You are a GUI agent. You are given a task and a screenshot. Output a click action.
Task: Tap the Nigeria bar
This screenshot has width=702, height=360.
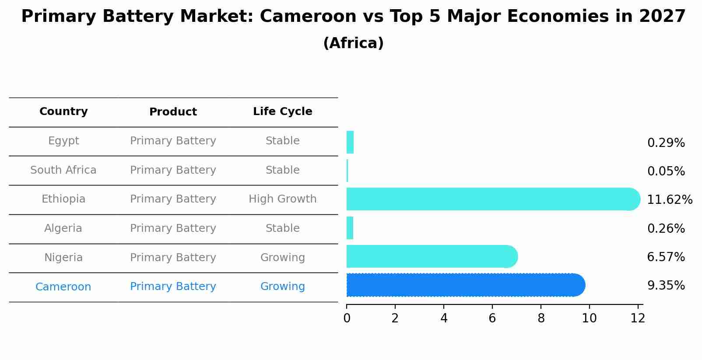click(431, 256)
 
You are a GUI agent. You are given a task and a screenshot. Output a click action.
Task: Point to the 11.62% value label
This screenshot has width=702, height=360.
click(669, 200)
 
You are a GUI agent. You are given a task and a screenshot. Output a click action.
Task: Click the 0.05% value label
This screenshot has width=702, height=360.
click(666, 171)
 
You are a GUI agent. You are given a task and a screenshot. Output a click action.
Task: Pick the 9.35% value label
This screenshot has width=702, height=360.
click(666, 286)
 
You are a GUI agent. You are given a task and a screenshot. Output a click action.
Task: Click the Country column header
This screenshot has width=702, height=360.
click(63, 112)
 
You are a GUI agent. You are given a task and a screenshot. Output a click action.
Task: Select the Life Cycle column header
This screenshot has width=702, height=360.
click(282, 112)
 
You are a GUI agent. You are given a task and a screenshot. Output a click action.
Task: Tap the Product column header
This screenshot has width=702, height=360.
click(173, 112)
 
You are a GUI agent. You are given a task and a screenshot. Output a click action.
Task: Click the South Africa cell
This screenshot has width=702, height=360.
click(63, 170)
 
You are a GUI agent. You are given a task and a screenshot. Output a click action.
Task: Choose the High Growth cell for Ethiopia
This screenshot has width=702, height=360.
click(282, 199)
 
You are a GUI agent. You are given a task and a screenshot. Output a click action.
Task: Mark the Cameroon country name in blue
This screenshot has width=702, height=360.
click(63, 287)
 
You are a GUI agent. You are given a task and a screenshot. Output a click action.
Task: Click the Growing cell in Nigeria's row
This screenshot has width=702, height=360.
click(282, 258)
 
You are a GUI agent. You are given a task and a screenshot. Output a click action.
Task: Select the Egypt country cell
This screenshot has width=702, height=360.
click(63, 141)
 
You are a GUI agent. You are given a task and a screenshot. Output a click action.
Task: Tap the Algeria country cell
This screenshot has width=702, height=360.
click(63, 228)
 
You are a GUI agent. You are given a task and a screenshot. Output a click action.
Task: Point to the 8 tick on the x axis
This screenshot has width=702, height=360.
click(541, 318)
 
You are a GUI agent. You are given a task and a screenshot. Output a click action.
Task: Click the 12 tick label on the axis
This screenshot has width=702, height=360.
click(638, 318)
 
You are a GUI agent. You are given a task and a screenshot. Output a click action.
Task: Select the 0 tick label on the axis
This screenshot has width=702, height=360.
click(347, 318)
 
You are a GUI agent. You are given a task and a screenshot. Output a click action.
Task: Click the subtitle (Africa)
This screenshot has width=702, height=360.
click(353, 43)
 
